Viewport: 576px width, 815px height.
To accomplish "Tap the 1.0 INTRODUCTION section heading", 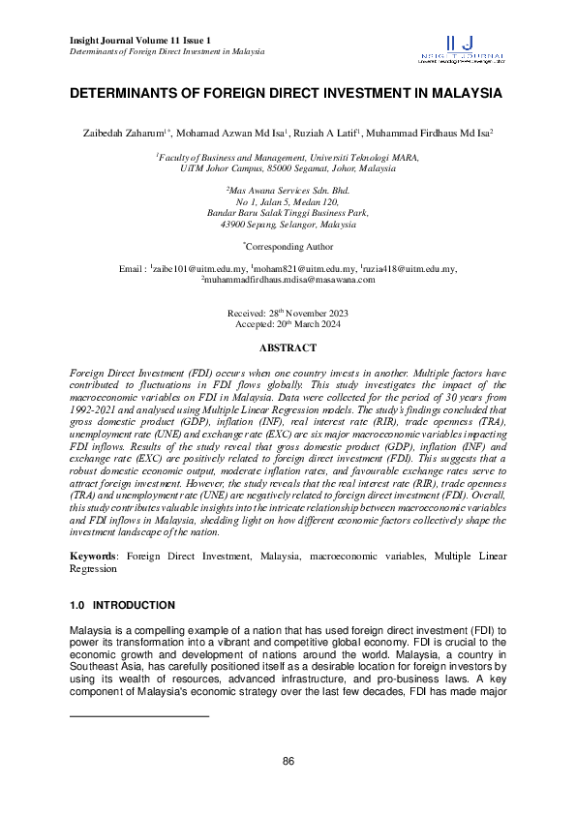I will pyautogui.click(x=122, y=606).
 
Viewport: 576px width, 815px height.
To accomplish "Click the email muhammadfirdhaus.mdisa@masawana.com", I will pyautogui.click(x=288, y=279).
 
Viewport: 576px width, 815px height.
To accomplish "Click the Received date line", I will pyautogui.click(x=288, y=314).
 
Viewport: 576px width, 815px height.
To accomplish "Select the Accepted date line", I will pyautogui.click(x=288, y=324).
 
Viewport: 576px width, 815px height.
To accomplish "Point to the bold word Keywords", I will pyautogui.click(x=93, y=558).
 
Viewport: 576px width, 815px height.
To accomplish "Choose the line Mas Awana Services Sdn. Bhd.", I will pyautogui.click(x=288, y=192).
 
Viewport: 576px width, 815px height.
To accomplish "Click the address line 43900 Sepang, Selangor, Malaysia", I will pyautogui.click(x=288, y=224).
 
